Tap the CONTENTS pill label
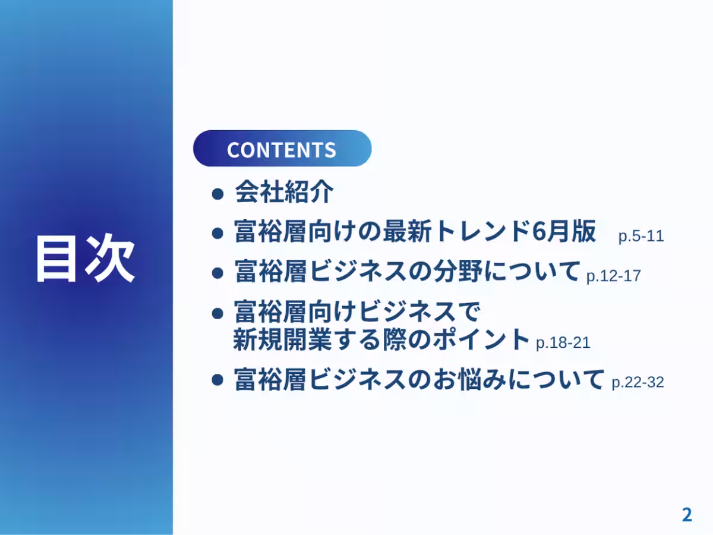[282, 149]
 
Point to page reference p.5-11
[641, 236]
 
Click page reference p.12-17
[613, 276]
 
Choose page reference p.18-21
[563, 343]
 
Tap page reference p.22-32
[638, 382]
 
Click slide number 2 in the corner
[686, 515]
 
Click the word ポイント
[469, 339]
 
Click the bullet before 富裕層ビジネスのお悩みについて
[218, 380]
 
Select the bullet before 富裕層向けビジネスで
[218, 312]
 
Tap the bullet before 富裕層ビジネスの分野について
[218, 273]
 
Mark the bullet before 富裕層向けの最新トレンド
[218, 233]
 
